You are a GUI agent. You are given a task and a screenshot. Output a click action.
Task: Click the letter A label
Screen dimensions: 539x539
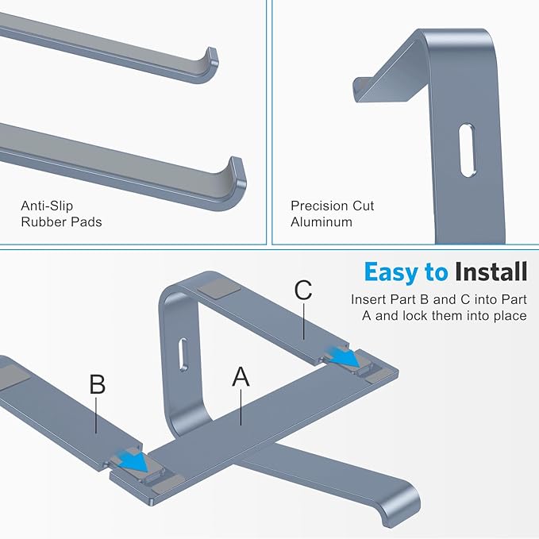click(241, 377)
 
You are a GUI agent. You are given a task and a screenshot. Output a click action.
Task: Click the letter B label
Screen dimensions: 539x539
click(97, 385)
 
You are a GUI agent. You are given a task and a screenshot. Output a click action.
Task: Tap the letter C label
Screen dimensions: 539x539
click(302, 291)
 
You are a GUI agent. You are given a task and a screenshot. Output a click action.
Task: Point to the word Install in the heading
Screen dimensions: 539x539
click(491, 272)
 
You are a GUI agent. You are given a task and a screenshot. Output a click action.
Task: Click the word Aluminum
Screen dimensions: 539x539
click(321, 221)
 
